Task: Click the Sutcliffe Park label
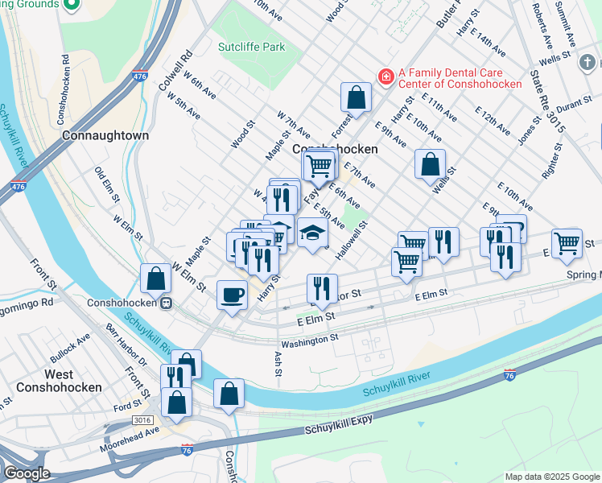click(251, 47)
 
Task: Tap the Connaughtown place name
click(105, 136)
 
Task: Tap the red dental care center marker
click(387, 76)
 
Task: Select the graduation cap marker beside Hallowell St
click(313, 233)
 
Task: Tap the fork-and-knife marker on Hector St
click(322, 288)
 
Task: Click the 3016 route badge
click(142, 420)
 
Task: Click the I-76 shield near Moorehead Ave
click(187, 446)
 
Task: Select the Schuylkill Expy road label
click(340, 427)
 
